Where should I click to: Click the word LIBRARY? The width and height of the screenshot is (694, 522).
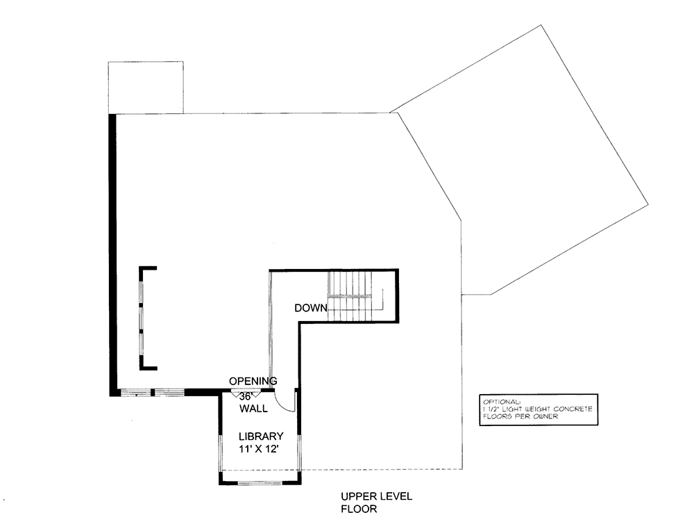[260, 437]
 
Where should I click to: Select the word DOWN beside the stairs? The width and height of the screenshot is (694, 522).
[311, 308]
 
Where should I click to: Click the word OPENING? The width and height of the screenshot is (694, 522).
[253, 381]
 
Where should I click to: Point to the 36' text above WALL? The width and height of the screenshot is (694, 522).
[246, 395]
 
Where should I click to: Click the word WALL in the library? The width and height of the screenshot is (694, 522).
[253, 409]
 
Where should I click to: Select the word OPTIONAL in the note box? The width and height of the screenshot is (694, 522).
[500, 402]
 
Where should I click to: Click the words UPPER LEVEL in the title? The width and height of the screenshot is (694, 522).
[376, 496]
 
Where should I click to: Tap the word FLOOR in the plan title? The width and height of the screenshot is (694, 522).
[358, 509]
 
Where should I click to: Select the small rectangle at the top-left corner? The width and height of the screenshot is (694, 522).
[146, 87]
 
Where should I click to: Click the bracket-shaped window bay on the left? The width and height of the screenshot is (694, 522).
[144, 318]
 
